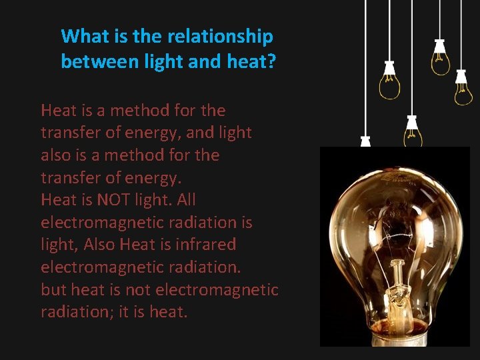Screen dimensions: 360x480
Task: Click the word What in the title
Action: click(x=82, y=36)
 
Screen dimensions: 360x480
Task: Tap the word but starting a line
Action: click(x=54, y=289)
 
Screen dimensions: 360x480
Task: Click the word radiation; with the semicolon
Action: click(x=77, y=312)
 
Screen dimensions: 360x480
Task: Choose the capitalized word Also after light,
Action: click(x=100, y=245)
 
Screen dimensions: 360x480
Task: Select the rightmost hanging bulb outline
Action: click(x=463, y=90)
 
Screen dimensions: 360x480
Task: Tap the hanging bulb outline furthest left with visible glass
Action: click(x=389, y=83)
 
